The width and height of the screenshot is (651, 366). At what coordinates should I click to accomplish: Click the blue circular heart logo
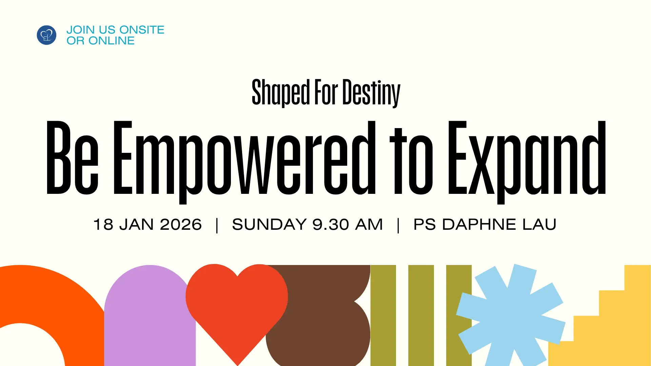(46, 35)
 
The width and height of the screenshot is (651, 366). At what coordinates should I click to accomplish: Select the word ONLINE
(112, 41)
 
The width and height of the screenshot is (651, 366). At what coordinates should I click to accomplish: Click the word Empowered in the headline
(244, 162)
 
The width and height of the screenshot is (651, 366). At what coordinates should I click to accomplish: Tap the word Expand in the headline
(527, 162)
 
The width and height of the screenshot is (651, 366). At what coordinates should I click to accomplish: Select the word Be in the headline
(72, 158)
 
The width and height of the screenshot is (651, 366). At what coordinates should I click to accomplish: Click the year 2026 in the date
(181, 224)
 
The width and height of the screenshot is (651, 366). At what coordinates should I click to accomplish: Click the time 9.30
(331, 224)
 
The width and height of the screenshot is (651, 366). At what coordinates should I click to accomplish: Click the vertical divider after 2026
(217, 225)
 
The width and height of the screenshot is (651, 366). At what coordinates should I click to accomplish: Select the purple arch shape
(150, 316)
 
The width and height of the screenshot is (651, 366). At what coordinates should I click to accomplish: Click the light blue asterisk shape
(511, 315)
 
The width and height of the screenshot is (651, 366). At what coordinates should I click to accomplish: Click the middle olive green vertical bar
(421, 316)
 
